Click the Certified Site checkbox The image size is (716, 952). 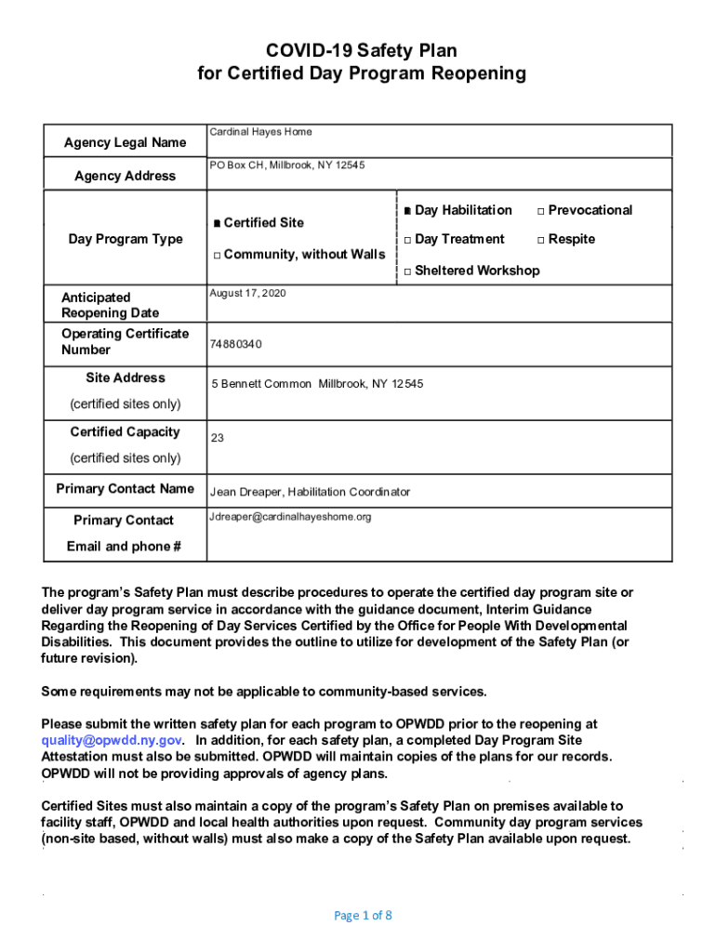coord(216,223)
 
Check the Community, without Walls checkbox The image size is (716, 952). coord(216,255)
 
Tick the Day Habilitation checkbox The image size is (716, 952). coord(407,211)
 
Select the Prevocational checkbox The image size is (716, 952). coord(541,211)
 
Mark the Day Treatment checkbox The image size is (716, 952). coord(407,240)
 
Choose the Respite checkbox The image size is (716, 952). coord(541,240)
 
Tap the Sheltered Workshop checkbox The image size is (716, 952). coord(407,271)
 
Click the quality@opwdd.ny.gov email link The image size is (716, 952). coord(112,740)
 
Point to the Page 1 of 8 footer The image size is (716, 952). coord(363,916)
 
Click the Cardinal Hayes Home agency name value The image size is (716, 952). coord(260,132)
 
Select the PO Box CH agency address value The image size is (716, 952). coord(287,165)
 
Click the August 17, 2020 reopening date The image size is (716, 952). coord(248,293)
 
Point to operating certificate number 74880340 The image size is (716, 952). coord(236,344)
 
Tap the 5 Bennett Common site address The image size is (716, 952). coord(316,383)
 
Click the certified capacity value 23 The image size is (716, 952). coord(218,438)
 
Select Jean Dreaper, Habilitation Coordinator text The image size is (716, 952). coord(310,492)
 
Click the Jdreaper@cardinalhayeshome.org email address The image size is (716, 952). coord(290,517)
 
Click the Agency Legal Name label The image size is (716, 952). coord(125,142)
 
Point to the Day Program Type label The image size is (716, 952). coord(126,239)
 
